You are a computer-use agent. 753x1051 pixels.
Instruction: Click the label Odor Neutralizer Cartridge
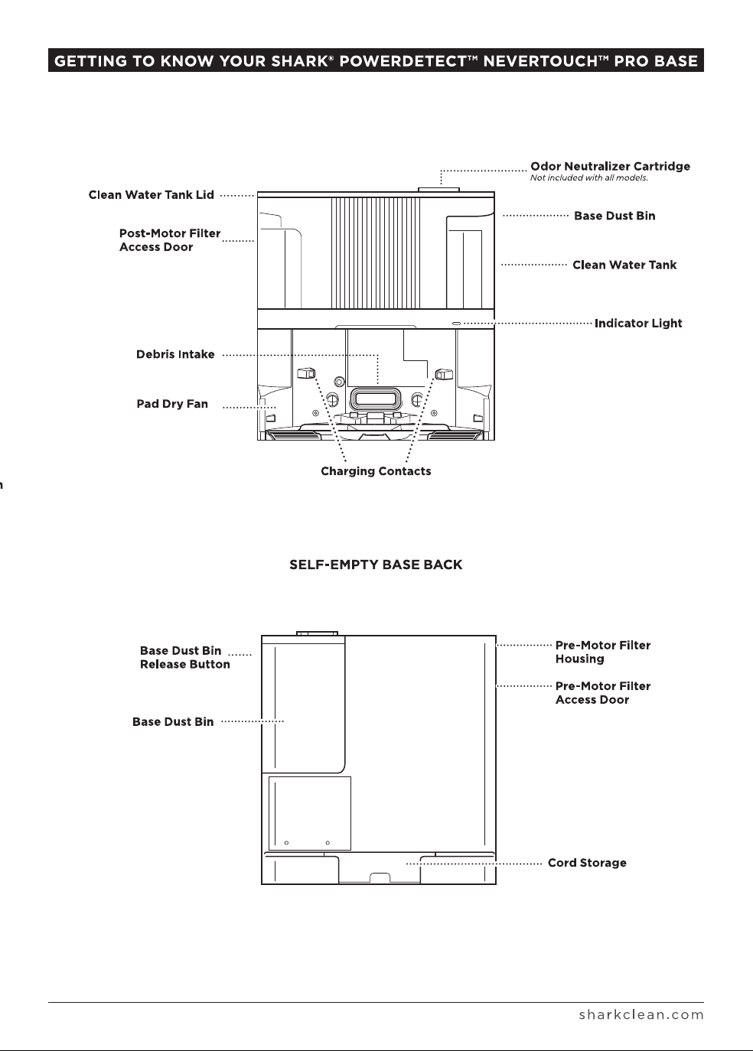610,166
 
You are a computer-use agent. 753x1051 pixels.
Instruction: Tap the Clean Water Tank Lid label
152,195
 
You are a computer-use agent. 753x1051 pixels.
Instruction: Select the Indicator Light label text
638,324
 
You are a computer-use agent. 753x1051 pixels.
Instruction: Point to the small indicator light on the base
456,324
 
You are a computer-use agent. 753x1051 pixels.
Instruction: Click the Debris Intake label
175,354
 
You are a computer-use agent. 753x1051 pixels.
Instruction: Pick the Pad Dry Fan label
172,404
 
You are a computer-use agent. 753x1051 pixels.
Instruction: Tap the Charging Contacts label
376,471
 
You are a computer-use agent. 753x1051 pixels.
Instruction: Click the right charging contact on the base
444,374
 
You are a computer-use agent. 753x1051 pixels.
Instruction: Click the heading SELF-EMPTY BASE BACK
376,565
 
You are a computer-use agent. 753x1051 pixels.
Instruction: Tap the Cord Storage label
587,863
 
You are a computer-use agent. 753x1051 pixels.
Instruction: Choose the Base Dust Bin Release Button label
185,657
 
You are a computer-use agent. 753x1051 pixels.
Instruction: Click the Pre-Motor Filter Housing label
603,652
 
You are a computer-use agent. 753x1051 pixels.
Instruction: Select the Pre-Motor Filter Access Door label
603,692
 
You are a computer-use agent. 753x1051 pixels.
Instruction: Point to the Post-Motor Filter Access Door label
169,240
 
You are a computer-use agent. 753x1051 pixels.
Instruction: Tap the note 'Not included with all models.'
588,177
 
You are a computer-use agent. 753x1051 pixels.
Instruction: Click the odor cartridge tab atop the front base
438,189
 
